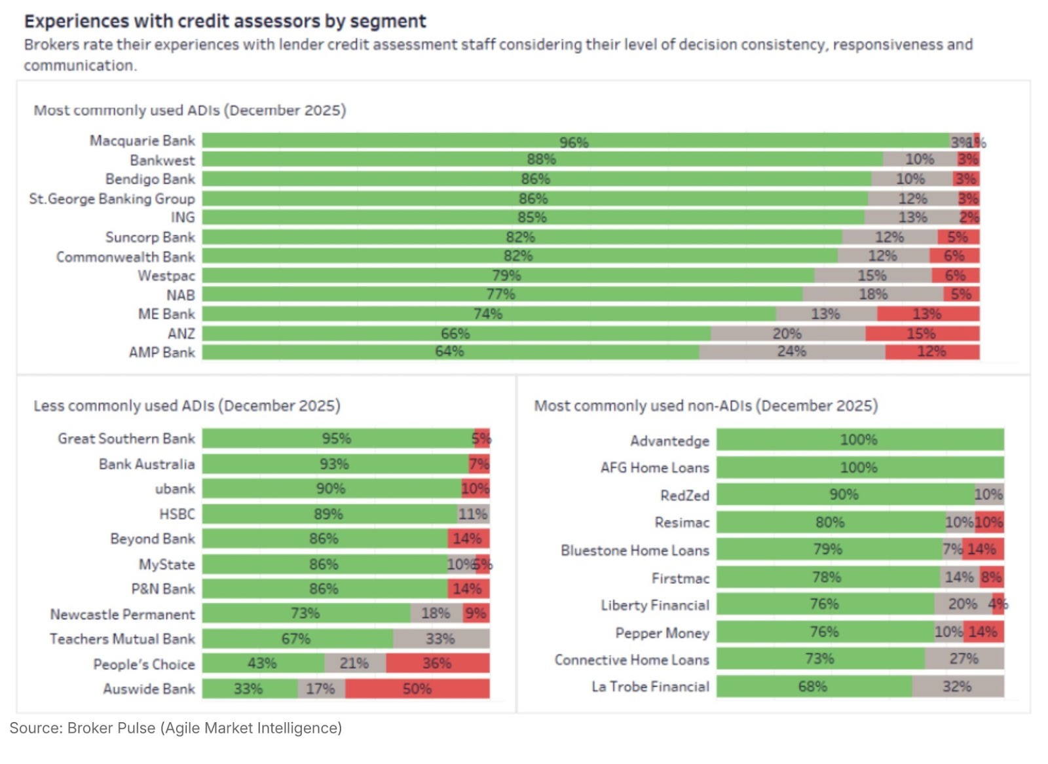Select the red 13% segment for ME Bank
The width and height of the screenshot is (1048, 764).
click(927, 314)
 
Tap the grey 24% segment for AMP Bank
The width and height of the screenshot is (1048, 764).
click(792, 352)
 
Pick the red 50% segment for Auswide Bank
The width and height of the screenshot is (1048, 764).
click(417, 689)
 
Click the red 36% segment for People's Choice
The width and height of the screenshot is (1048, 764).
click(437, 663)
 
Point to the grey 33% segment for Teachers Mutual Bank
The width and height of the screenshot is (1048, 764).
click(441, 638)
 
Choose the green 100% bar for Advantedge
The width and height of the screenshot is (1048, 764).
click(859, 440)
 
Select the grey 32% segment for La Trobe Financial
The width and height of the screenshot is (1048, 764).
click(958, 687)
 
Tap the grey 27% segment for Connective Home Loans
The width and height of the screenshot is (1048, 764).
click(964, 659)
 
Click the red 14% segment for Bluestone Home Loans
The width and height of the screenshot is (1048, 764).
click(983, 549)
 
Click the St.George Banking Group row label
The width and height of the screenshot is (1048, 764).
click(112, 198)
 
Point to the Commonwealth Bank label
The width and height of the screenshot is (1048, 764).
click(125, 257)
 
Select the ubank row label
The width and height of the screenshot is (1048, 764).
click(175, 489)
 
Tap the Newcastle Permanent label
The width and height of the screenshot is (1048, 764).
click(122, 614)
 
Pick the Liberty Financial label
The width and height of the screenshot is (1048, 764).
click(655, 605)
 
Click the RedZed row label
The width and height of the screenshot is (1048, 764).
click(684, 495)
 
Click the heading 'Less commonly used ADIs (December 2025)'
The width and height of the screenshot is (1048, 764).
click(187, 406)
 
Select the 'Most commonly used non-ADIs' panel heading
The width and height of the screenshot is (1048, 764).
click(705, 406)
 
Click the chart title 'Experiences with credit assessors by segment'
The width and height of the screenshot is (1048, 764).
click(225, 22)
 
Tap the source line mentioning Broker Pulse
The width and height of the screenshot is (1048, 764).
click(176, 728)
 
